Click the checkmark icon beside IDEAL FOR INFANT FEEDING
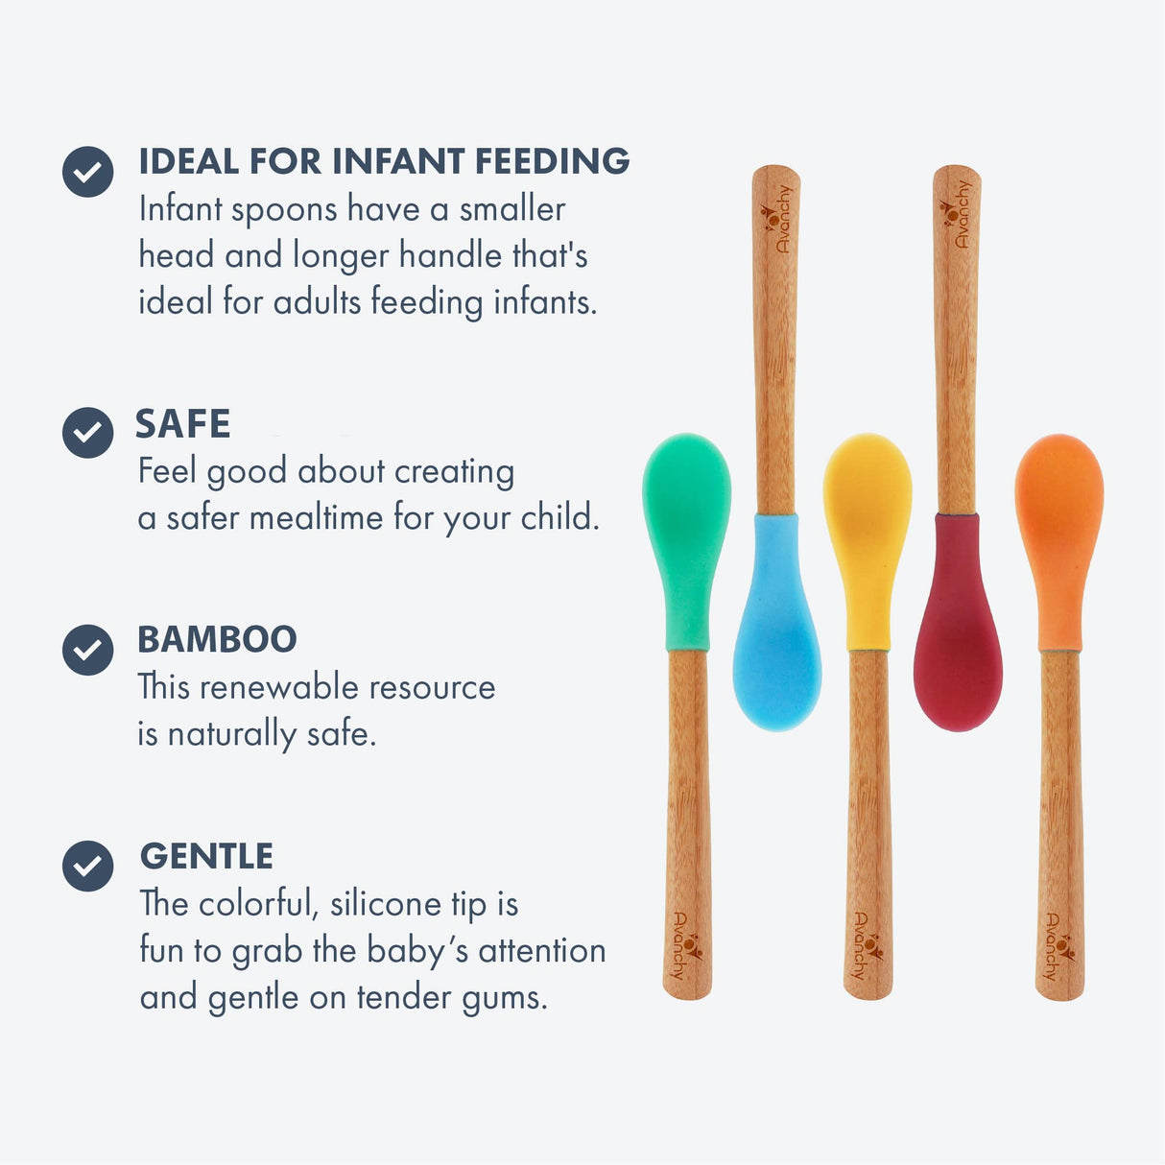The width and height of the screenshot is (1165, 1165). coord(87,172)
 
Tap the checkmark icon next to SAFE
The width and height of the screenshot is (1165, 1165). coord(87,432)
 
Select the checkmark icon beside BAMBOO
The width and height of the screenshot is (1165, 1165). coord(87,650)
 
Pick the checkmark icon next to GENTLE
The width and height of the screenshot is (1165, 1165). coord(87,866)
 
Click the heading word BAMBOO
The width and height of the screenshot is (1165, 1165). coord(217,639)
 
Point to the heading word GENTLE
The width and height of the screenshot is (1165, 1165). coord(206,856)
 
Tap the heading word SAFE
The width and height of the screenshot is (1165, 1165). coord(182,423)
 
